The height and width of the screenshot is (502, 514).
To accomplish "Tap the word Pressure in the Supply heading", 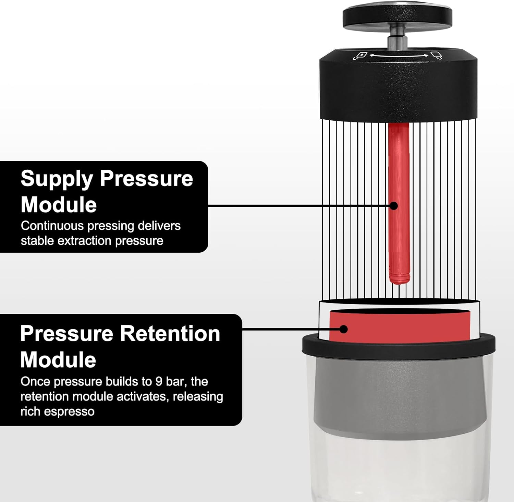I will click(x=146, y=178).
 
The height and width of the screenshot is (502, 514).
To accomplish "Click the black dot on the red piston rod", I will click(x=394, y=206).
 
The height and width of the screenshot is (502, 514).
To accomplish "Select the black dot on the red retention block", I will click(x=343, y=329).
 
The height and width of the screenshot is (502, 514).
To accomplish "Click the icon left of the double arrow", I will click(x=360, y=56).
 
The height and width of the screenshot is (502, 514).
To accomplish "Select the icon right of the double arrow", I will click(x=436, y=55).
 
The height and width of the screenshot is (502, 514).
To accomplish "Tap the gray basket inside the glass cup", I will click(x=399, y=398).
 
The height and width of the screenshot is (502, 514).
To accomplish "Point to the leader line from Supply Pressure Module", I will click(x=298, y=206).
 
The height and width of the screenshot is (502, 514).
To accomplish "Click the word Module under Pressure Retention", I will click(x=58, y=360).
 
